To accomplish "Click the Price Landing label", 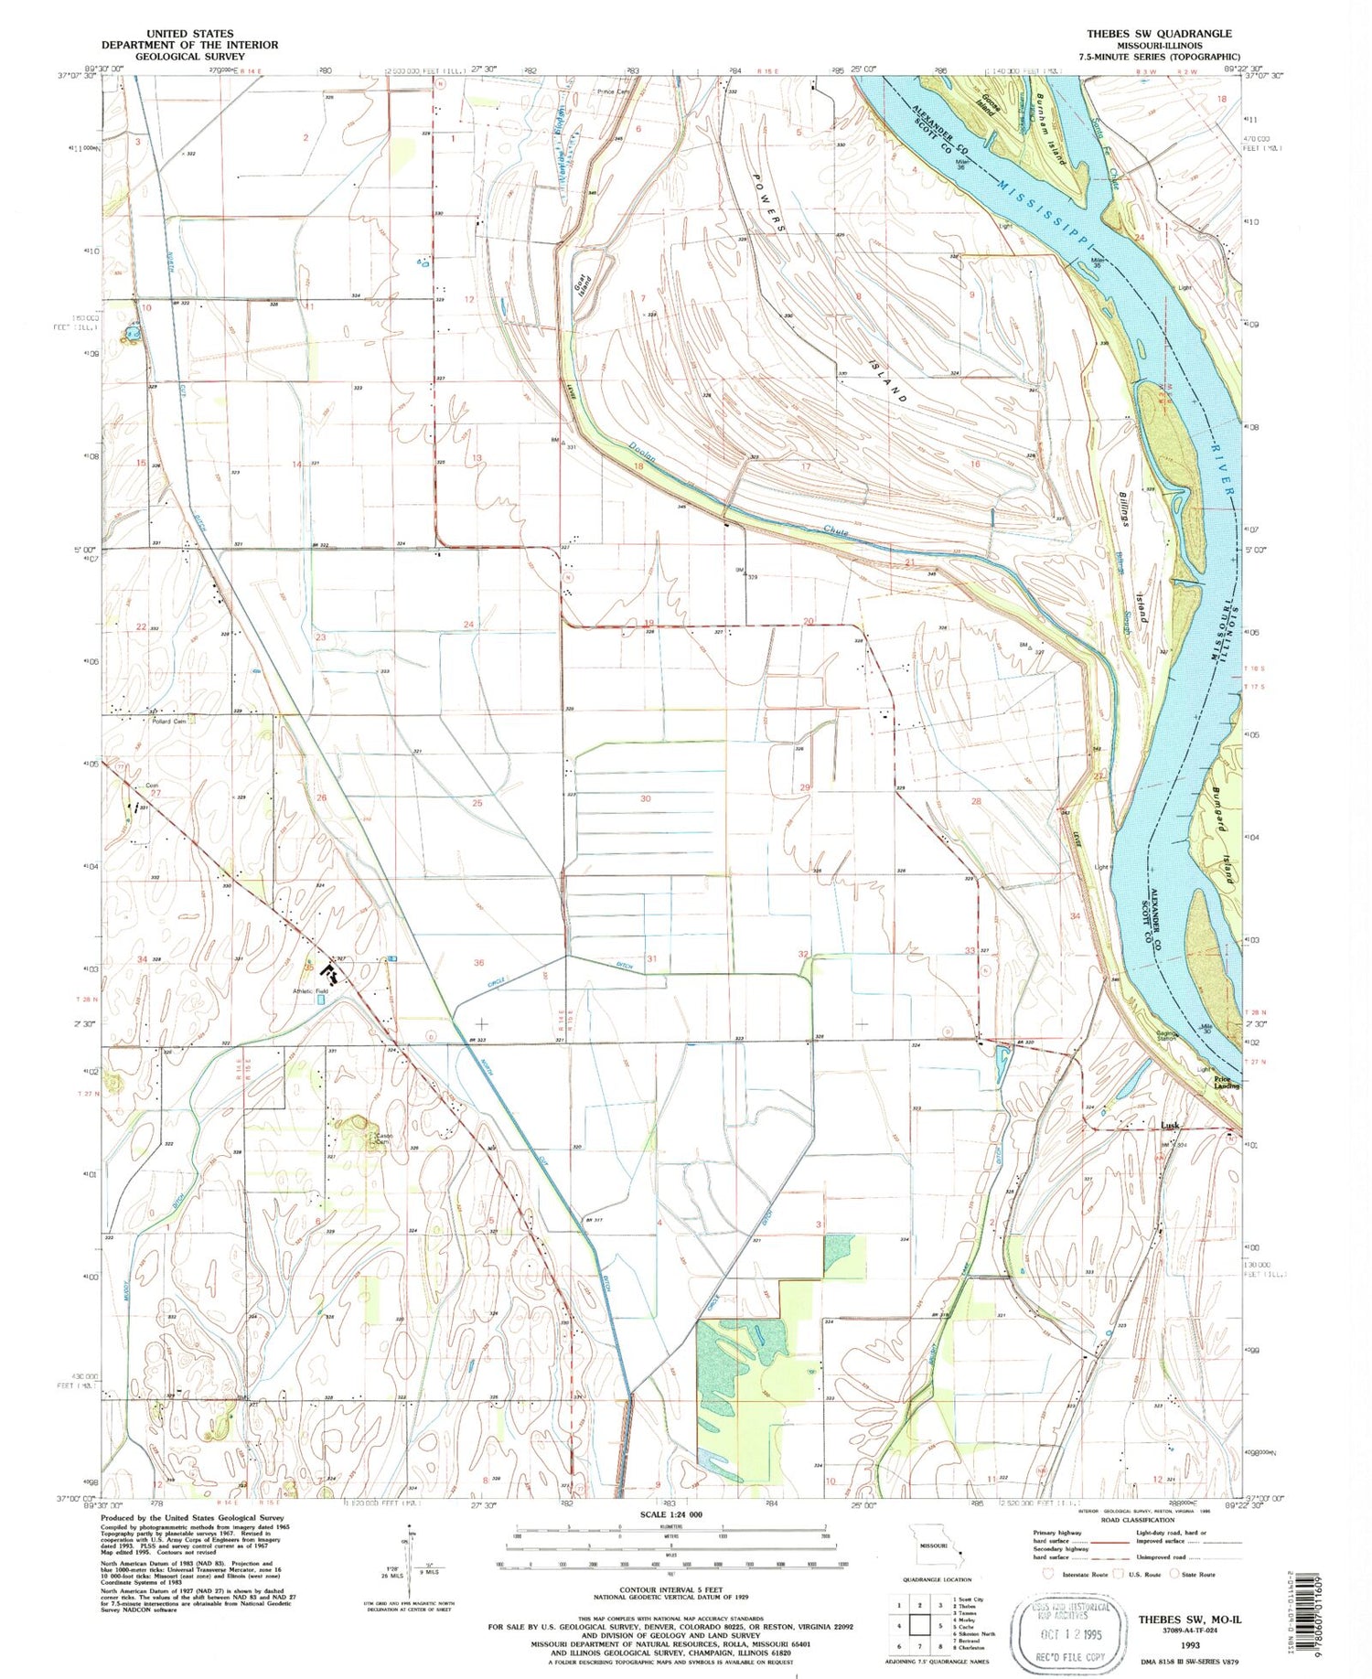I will [1227, 1083].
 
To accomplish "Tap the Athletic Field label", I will [310, 991].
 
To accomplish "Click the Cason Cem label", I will [383, 1139].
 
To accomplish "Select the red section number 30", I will [645, 798].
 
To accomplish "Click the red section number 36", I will [478, 962].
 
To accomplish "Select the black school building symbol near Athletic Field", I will [327, 976].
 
